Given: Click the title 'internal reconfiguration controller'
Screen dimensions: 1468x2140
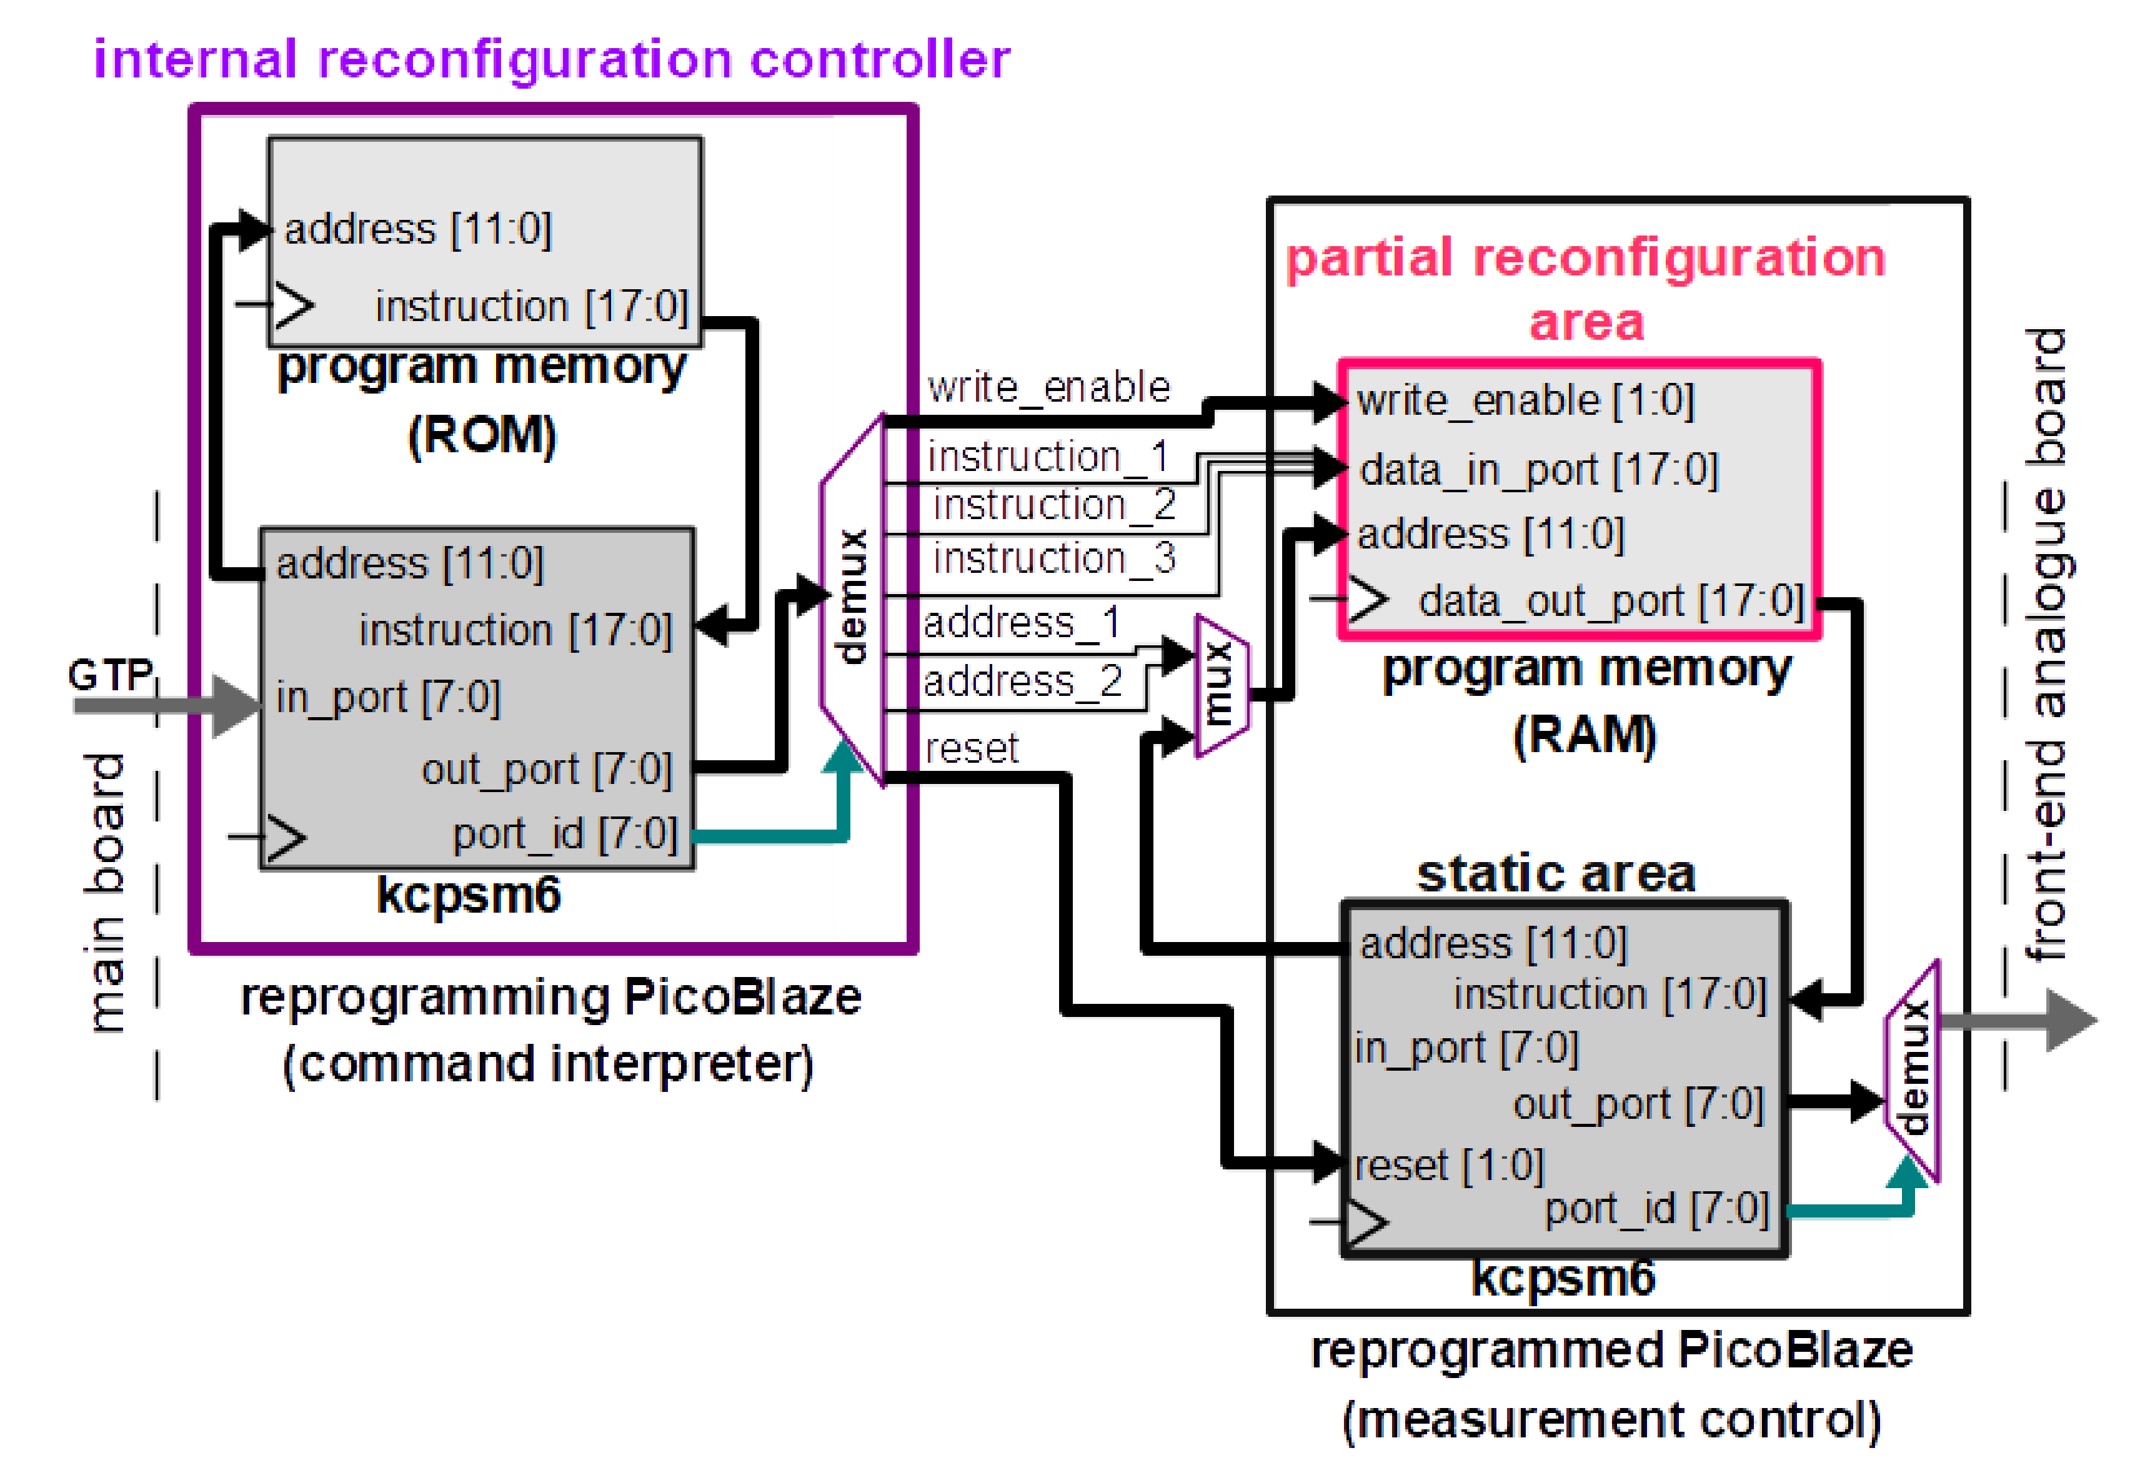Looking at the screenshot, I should tap(552, 60).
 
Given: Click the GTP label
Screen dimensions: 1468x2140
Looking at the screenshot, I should tap(109, 675).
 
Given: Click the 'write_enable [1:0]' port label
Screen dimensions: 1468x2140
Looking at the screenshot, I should tap(1525, 401).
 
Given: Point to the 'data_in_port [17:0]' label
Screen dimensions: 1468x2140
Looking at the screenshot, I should tap(1538, 470).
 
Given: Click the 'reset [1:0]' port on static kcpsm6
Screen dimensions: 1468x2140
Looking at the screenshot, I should tap(1448, 1166).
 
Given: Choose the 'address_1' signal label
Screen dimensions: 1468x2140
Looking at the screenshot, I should tap(1021, 623).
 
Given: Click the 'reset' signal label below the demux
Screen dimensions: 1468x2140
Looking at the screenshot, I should tap(972, 748).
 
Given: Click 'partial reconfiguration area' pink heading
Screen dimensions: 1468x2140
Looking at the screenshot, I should tap(1586, 288).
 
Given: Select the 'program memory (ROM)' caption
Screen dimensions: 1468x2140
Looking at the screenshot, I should tap(482, 400).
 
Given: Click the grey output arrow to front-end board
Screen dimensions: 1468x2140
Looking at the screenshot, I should tap(2026, 1019).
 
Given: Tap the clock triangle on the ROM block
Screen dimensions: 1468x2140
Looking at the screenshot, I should tap(293, 305).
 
